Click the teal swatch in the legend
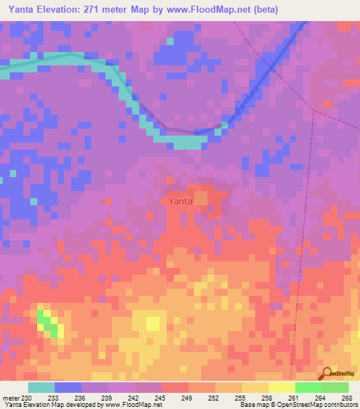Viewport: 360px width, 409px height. (41, 387)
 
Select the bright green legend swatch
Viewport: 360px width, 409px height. (308, 387)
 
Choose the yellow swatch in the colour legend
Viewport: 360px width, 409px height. (281, 387)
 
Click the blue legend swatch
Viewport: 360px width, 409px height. (67, 387)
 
